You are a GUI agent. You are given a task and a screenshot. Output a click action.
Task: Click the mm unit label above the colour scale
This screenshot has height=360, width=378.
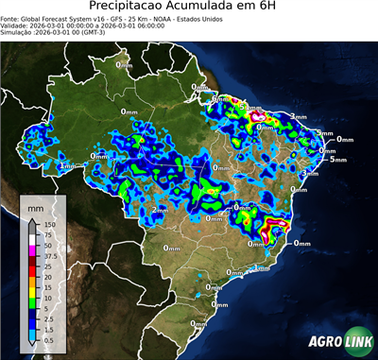pos(36,206)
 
